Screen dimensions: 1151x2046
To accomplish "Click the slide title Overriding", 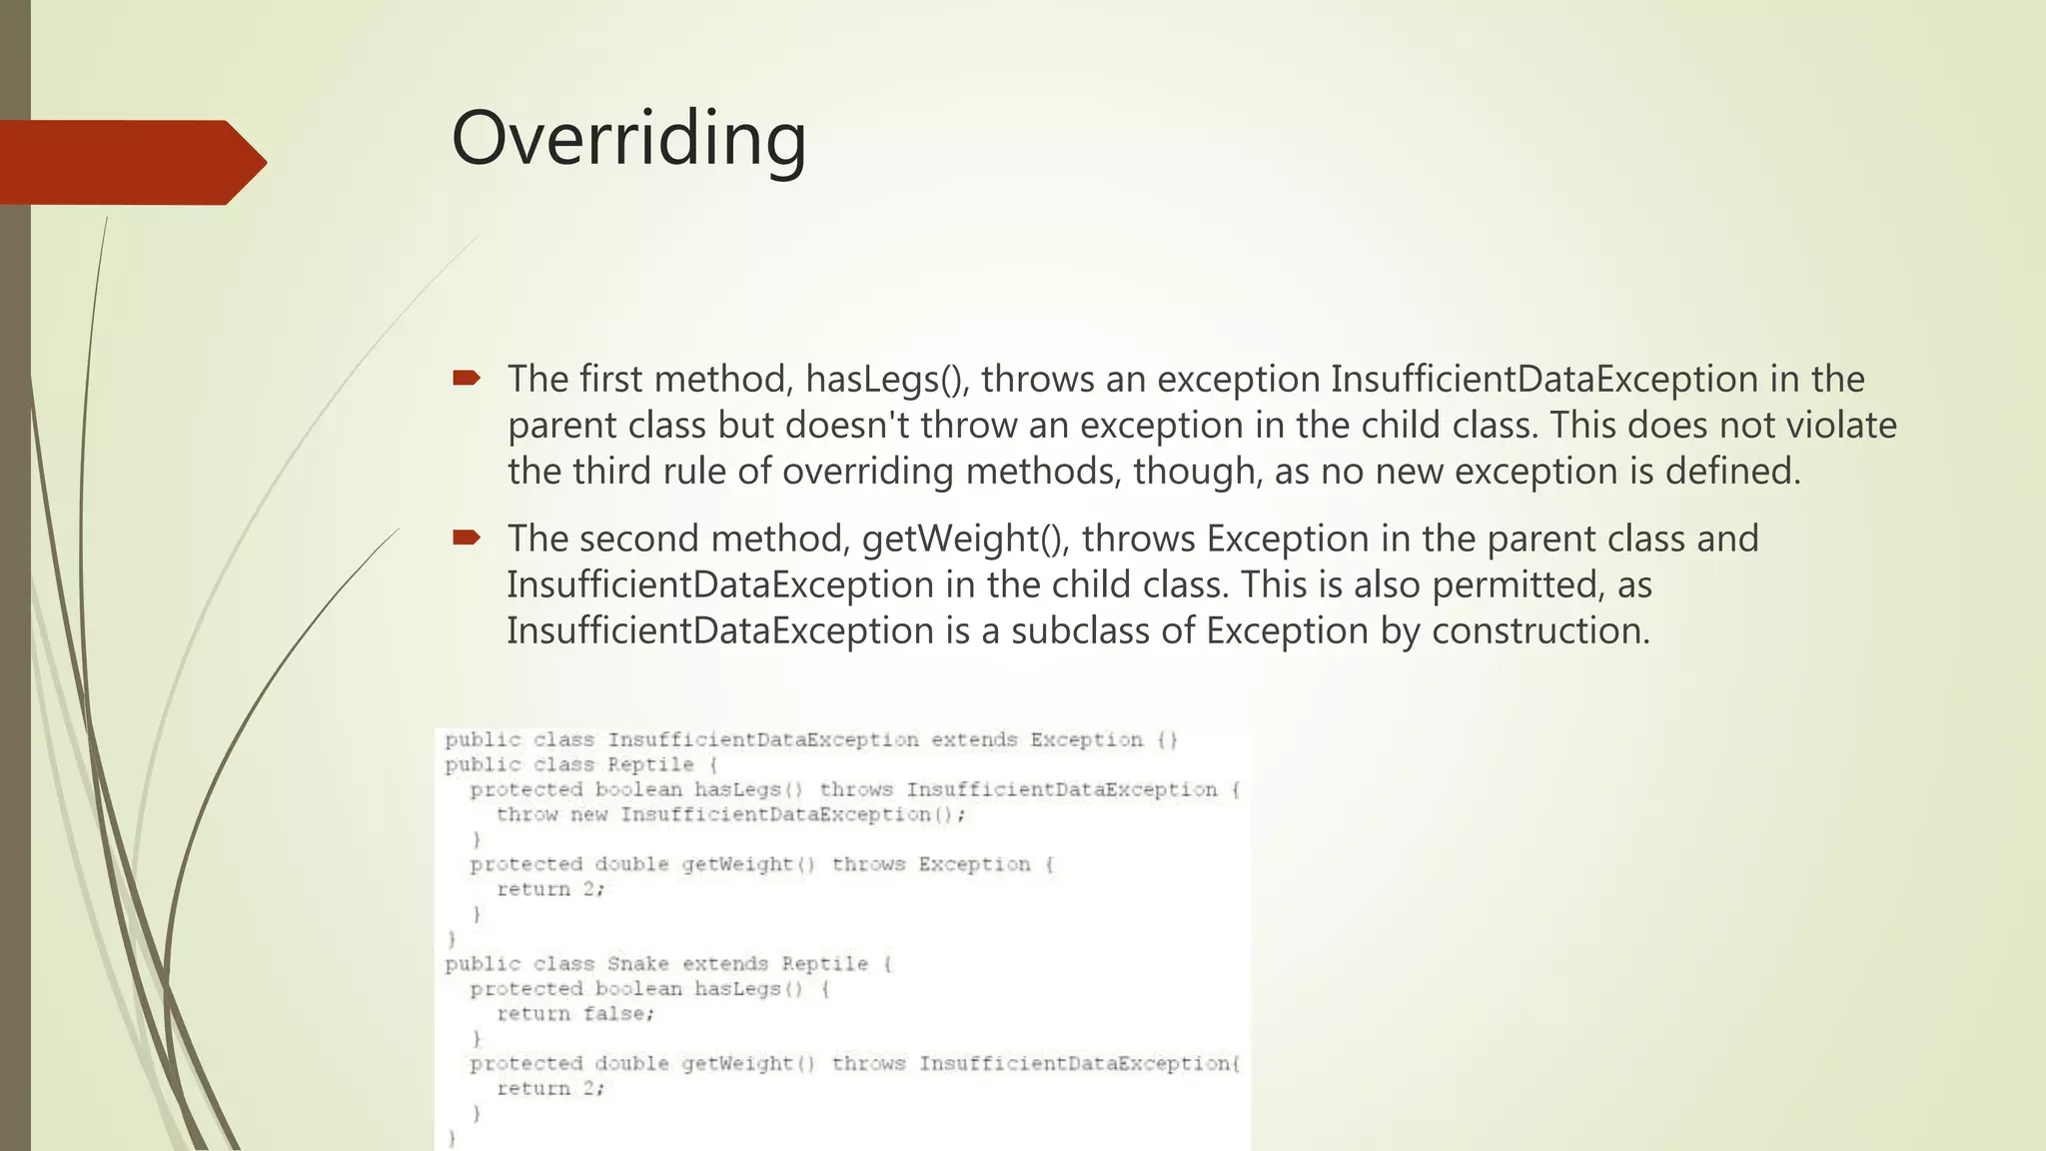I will click(628, 139).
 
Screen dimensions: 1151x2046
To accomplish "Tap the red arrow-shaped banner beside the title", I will click(130, 163).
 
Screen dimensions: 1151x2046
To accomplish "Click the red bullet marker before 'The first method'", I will click(467, 378).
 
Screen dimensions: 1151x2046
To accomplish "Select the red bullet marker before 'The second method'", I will click(467, 538).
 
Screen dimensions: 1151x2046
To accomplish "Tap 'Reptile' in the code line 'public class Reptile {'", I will click(650, 765).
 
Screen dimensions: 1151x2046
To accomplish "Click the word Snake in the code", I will click(637, 964).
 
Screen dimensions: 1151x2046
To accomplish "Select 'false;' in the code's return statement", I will click(619, 1014).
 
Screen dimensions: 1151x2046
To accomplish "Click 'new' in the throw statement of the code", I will click(588, 815).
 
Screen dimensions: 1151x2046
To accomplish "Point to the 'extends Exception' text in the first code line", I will click(1036, 740).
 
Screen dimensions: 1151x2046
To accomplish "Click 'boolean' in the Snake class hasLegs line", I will click(638, 989).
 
